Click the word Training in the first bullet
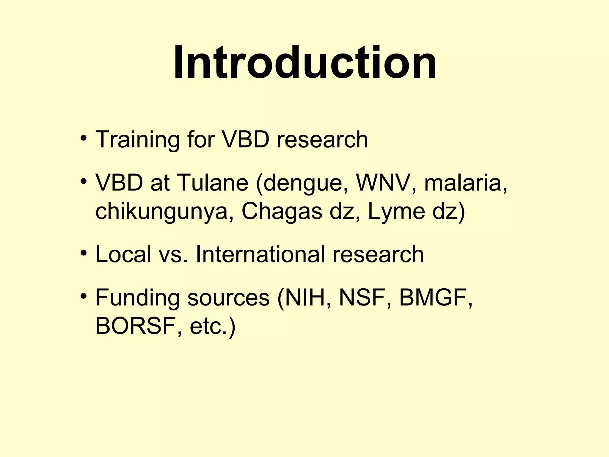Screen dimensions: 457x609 click(x=137, y=140)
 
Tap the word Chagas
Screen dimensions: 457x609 click(x=282, y=211)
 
